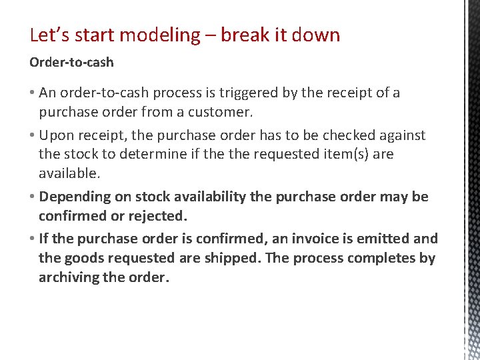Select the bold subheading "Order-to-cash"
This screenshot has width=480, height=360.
coord(71,62)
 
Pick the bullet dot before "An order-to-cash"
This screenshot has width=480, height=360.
coord(32,93)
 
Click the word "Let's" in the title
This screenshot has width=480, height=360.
coord(48,35)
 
